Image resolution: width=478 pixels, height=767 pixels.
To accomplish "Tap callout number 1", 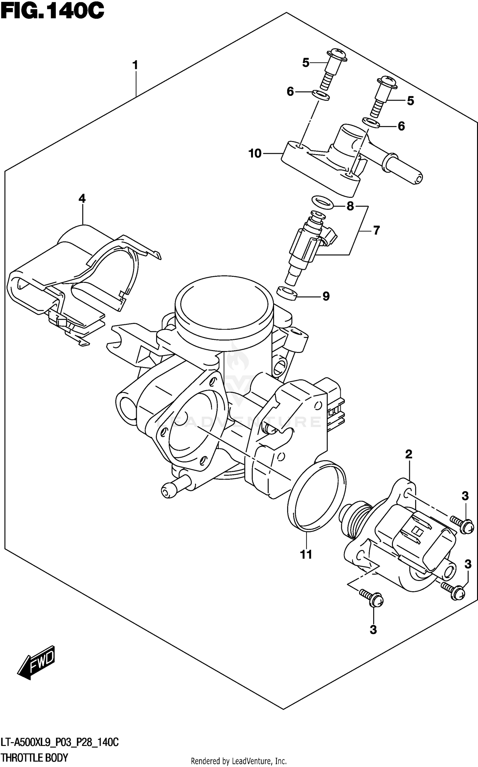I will [135, 65].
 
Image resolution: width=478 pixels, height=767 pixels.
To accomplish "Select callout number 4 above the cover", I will [82, 199].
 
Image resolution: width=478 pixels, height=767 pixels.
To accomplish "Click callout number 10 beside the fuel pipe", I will [255, 154].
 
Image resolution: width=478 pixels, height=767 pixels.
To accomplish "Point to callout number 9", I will [326, 297].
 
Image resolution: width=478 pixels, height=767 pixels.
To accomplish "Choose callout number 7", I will [376, 230].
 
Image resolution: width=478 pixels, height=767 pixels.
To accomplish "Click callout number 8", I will [350, 206].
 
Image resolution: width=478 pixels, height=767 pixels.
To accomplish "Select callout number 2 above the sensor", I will [409, 454].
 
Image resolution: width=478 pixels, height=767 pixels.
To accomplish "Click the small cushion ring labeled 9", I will [286, 292].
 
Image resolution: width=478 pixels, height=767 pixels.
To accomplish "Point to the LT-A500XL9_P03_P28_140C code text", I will [60, 742].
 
